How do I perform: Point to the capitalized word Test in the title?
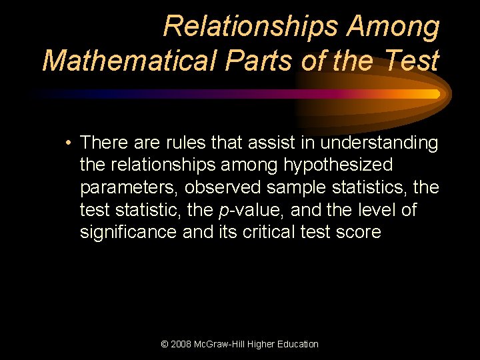click(413, 61)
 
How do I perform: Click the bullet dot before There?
click(69, 143)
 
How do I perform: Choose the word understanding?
click(379, 143)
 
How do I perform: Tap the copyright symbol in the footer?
click(165, 344)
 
